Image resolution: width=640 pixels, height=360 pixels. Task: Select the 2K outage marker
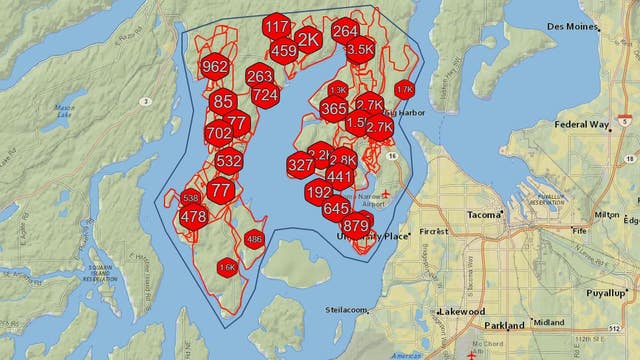[309, 39]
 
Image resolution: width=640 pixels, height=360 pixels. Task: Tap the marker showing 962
[214, 68]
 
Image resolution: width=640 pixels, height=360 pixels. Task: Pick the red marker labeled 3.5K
[360, 48]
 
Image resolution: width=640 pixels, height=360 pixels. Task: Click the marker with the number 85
[223, 101]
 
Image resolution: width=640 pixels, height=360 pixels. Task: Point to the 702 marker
[218, 133]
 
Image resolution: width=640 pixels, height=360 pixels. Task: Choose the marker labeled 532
[228, 160]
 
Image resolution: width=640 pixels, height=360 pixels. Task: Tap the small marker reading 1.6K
[227, 268]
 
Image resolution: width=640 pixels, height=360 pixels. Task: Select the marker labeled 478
[193, 217]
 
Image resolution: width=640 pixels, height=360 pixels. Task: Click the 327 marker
[300, 165]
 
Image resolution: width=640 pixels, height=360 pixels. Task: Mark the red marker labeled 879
[355, 226]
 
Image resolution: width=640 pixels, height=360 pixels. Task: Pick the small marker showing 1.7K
[404, 89]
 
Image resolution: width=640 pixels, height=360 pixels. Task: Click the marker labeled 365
[334, 109]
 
